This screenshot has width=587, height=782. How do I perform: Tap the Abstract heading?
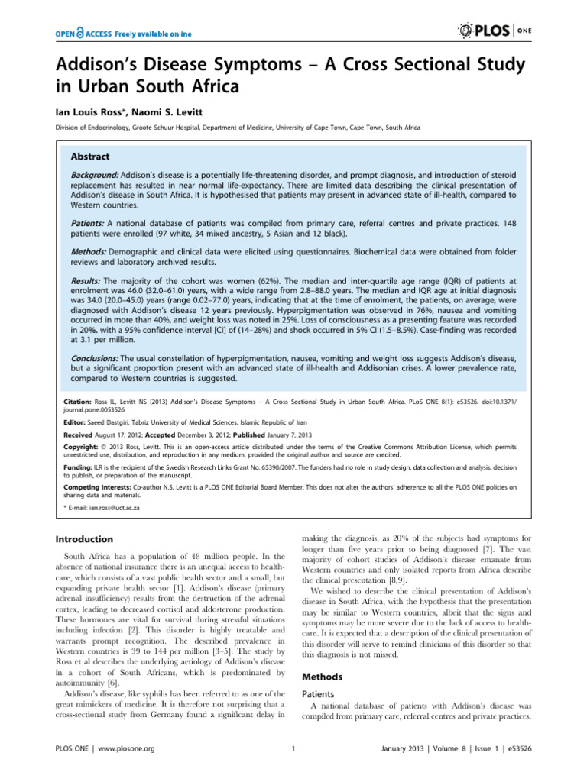[x=90, y=156]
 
